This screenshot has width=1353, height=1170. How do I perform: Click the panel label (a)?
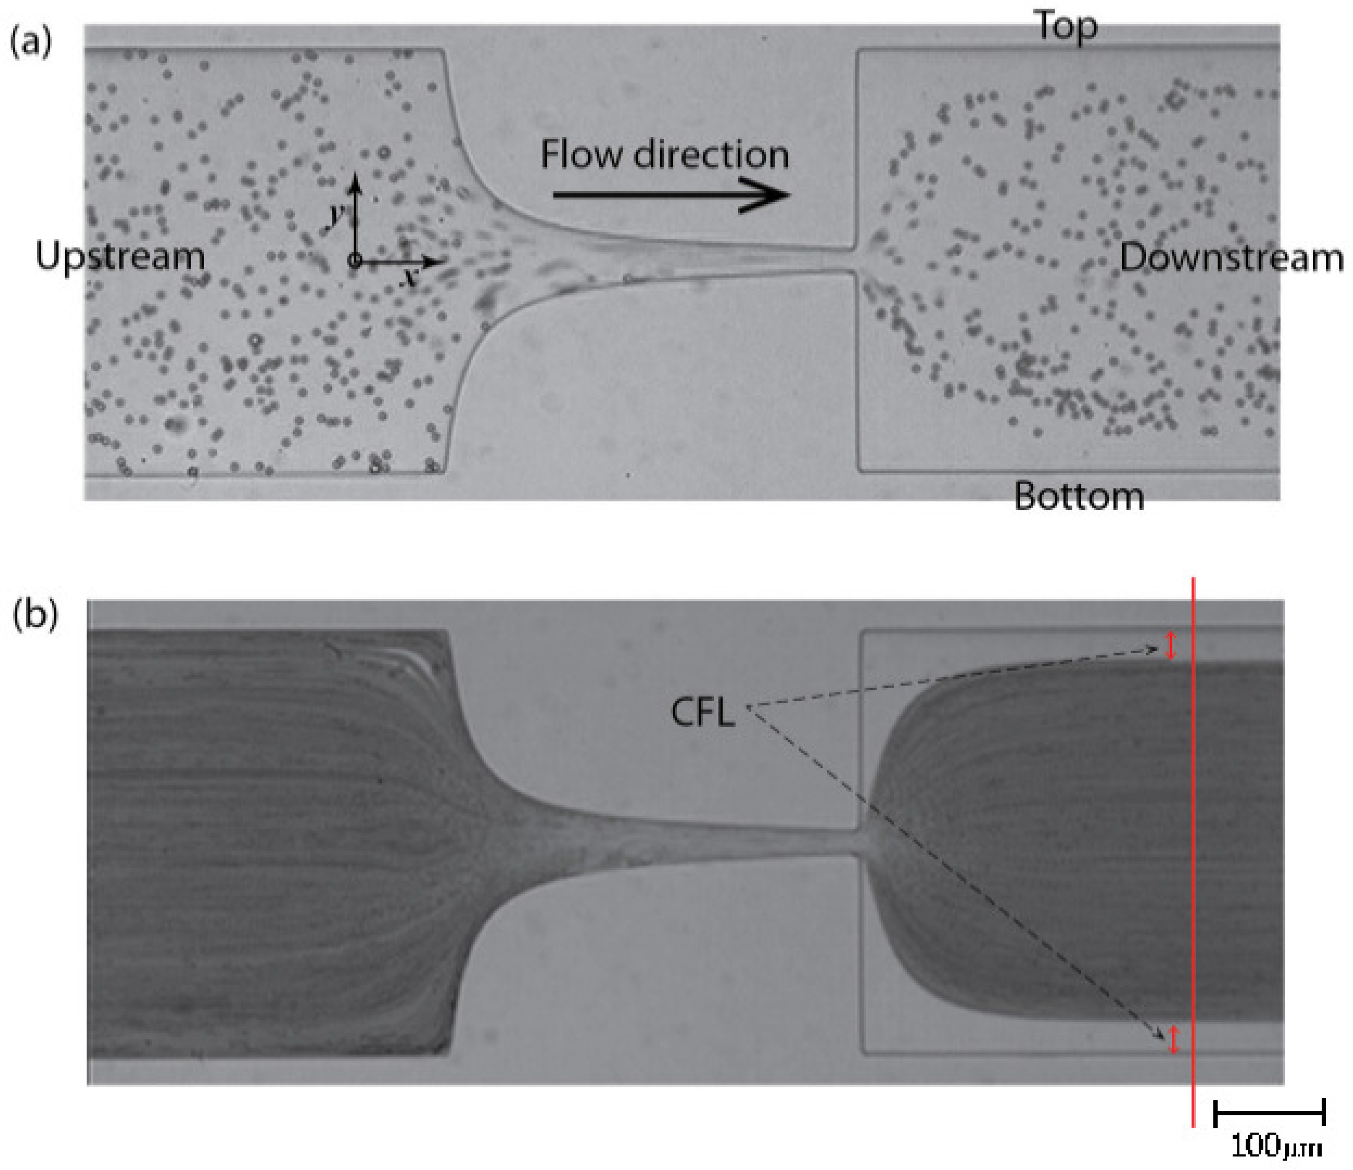[x=29, y=44]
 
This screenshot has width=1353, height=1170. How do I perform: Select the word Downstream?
[x=1232, y=258]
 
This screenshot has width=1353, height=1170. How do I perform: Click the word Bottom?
[x=1079, y=496]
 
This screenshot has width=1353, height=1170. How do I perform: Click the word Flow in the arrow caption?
[x=581, y=155]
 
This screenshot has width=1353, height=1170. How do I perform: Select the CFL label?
[x=703, y=712]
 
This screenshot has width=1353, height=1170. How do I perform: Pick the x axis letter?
[x=410, y=278]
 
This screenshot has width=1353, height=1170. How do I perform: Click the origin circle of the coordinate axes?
[x=355, y=261]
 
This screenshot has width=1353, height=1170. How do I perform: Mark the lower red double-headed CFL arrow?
[x=1173, y=1040]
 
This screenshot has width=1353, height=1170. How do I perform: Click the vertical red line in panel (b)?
[x=1193, y=849]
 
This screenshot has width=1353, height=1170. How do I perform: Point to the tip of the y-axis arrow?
[x=355, y=176]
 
